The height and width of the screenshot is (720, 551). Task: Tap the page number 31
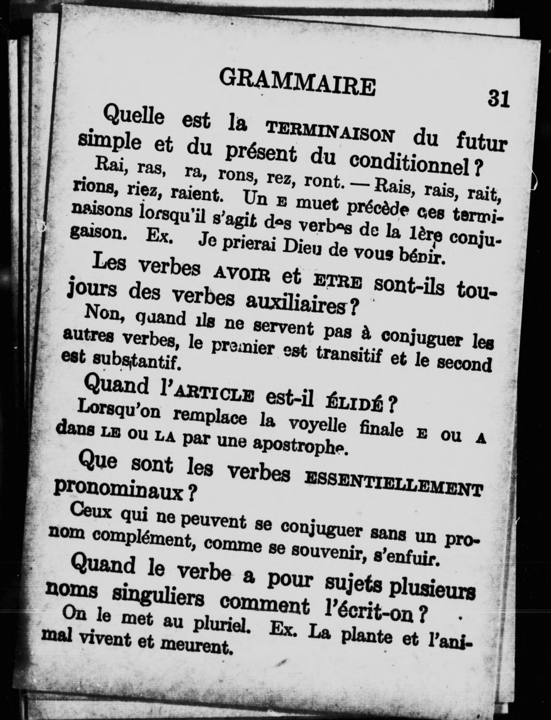[498, 98]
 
